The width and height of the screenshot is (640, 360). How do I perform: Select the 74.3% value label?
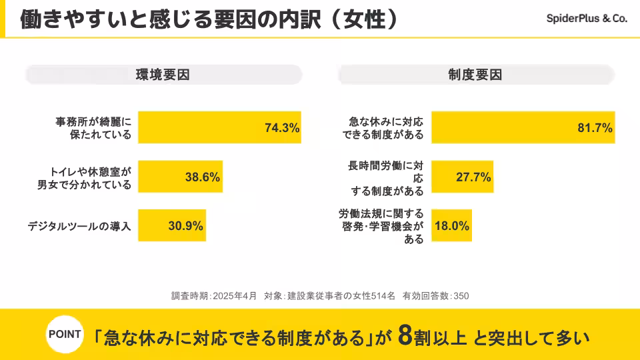coord(282,128)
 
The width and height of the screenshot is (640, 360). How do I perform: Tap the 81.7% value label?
coord(595,128)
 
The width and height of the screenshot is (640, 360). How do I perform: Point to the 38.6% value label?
coord(203,177)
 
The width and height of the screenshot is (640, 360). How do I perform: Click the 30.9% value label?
coord(185,226)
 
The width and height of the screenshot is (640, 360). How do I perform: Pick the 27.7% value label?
coord(473,177)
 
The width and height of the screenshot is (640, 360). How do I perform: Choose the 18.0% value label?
coord(452,226)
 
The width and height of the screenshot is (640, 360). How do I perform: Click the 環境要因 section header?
coord(163,75)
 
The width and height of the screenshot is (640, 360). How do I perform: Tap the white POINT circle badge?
coord(65,335)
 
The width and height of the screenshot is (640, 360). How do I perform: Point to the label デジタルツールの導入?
coord(79,226)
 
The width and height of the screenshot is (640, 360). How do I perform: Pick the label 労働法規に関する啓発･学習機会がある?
coord(381,226)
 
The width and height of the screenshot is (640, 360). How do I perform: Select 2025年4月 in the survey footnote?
coord(235,295)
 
